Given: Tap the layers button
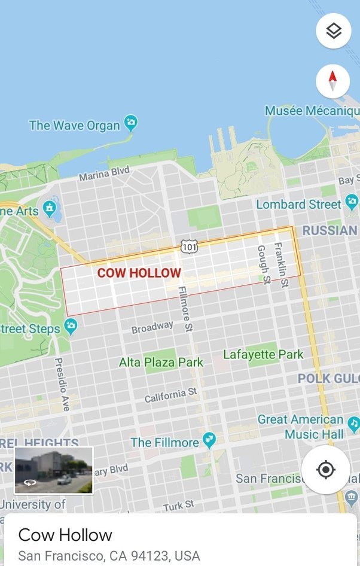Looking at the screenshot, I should [333, 31].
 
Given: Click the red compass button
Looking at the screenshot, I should [333, 81].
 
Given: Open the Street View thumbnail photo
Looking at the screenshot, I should [54, 470].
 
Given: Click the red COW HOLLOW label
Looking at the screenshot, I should [139, 273].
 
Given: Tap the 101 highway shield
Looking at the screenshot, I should [188, 247].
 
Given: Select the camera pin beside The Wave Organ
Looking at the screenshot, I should [130, 124].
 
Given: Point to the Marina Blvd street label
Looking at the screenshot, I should [104, 174].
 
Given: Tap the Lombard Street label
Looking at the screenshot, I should [298, 204].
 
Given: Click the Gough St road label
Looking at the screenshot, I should [264, 264].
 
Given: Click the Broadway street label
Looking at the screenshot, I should [152, 327].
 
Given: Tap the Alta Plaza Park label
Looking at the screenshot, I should [161, 362].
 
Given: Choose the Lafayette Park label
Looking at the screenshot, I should [263, 354].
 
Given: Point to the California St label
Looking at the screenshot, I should [170, 395].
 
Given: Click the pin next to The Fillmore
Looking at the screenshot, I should [209, 441].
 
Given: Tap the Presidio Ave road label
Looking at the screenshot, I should [62, 384].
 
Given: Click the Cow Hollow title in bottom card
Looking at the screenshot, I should [65, 534].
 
